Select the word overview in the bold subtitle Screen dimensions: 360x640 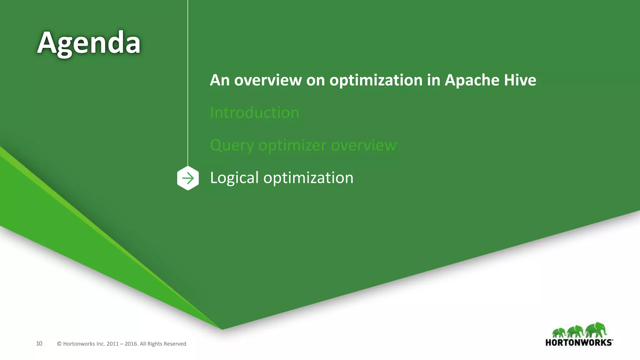pos(268,80)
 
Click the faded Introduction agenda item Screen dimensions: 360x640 pos(254,113)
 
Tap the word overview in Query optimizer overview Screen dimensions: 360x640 pos(364,145)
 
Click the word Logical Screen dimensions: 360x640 pos(234,178)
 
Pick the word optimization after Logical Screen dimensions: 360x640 pos(308,178)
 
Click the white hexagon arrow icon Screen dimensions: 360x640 pos(188,178)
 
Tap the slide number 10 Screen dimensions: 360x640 pos(39,344)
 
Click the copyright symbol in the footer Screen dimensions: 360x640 pos(59,344)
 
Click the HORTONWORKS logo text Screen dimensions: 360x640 pos(579,342)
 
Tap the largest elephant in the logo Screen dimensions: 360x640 pos(596,330)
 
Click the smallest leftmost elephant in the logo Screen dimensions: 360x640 pos(559,332)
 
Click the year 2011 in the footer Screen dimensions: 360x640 pos(112,344)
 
